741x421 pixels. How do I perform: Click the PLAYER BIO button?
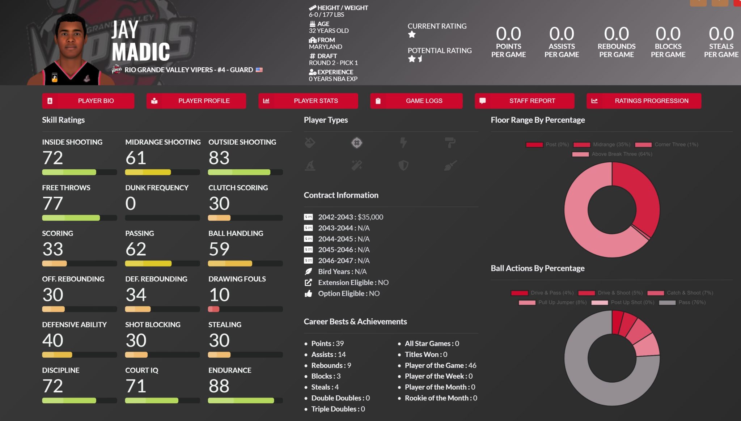point(88,101)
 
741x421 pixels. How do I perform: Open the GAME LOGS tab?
point(416,101)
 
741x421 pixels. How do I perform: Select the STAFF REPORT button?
point(524,101)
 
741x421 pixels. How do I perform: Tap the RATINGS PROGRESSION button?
point(644,101)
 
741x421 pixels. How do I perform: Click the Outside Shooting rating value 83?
point(219,158)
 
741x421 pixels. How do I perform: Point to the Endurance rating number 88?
point(219,386)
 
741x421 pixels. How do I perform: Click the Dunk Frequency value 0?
point(131,204)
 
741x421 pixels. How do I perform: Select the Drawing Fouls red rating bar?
point(214,309)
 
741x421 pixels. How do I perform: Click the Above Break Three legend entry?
point(612,154)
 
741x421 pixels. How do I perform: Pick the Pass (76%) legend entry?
point(682,302)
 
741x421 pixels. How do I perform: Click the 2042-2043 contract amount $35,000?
point(370,217)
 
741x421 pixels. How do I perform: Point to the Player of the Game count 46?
point(472,365)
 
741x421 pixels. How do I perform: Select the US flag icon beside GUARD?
point(259,70)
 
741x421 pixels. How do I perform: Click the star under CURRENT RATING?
point(412,35)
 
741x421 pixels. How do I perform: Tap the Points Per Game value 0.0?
point(508,34)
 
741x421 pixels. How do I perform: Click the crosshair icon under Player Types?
point(357,143)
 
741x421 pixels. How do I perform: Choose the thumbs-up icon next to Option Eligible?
point(308,294)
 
